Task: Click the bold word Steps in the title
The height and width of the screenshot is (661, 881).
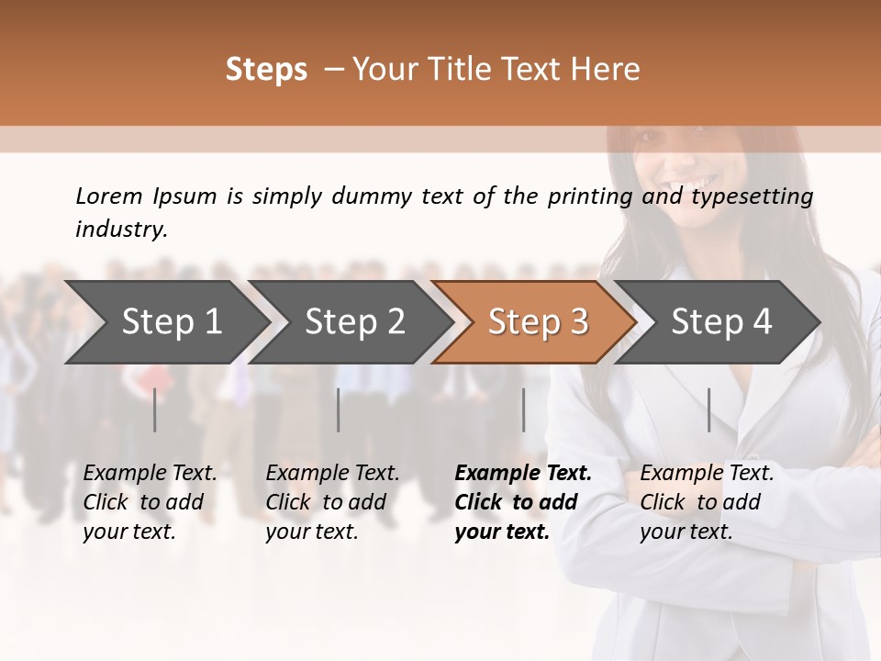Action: pyautogui.click(x=266, y=70)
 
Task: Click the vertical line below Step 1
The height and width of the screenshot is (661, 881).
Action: pyautogui.click(x=155, y=409)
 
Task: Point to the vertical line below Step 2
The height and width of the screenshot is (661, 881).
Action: pyautogui.click(x=339, y=409)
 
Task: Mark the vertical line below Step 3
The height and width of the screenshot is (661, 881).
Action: pyautogui.click(x=524, y=409)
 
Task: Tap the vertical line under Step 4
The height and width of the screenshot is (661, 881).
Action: pyautogui.click(x=709, y=409)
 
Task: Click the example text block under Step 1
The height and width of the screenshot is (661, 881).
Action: pyautogui.click(x=150, y=502)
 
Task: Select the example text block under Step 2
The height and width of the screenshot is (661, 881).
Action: pyautogui.click(x=332, y=502)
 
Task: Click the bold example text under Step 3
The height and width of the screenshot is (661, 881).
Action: pyautogui.click(x=523, y=502)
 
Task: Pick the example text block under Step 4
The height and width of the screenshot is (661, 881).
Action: pyautogui.click(x=707, y=502)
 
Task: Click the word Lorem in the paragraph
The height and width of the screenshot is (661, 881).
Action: pyautogui.click(x=109, y=196)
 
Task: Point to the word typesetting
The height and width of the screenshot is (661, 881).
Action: pyautogui.click(x=752, y=197)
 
